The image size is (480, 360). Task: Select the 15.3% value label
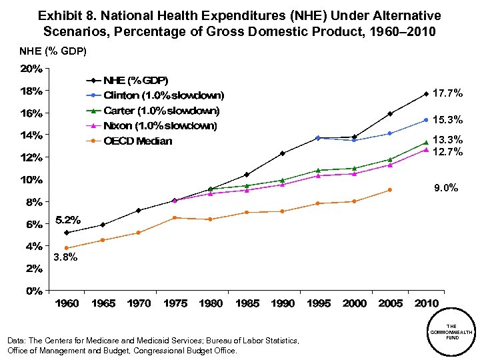click(x=447, y=121)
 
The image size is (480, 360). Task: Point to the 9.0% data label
click(x=446, y=189)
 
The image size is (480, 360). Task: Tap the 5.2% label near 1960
click(x=67, y=219)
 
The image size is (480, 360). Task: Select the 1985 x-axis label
click(x=247, y=304)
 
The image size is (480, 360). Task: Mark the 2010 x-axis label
click(x=426, y=304)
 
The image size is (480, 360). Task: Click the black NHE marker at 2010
click(x=426, y=94)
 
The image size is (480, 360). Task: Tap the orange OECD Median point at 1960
click(x=67, y=248)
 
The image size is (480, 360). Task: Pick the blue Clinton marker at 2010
click(x=426, y=120)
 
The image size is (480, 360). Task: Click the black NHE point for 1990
click(x=283, y=153)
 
